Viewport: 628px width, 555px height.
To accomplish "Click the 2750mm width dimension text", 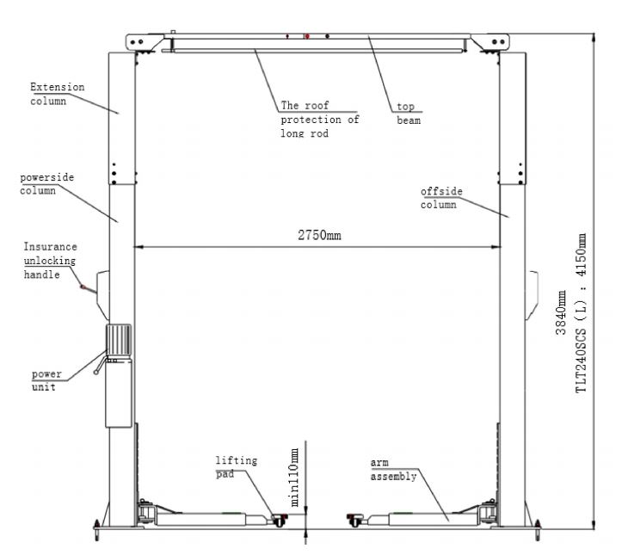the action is pyautogui.click(x=319, y=235).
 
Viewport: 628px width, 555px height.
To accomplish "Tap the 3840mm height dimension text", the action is pyautogui.click(x=561, y=312).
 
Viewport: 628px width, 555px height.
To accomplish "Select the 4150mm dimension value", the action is pyautogui.click(x=581, y=255).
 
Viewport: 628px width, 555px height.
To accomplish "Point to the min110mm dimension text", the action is pyautogui.click(x=294, y=478).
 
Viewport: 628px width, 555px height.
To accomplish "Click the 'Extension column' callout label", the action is pyautogui.click(x=58, y=94).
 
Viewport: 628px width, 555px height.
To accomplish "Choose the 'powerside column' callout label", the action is pyautogui.click(x=46, y=184).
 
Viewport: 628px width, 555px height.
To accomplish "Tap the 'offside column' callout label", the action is pyautogui.click(x=441, y=198).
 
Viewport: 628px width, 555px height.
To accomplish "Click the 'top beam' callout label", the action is pyautogui.click(x=409, y=114).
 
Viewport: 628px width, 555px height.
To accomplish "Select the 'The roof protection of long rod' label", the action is pyautogui.click(x=320, y=120).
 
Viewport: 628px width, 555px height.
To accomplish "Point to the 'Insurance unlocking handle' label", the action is pyautogui.click(x=50, y=261).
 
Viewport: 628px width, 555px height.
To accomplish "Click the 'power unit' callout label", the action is pyautogui.click(x=46, y=380).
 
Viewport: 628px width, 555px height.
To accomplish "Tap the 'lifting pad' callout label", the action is pyautogui.click(x=237, y=467).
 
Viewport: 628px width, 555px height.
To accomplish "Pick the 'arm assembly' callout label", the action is pyautogui.click(x=393, y=470).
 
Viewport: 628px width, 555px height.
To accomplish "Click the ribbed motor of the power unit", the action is pyautogui.click(x=119, y=339).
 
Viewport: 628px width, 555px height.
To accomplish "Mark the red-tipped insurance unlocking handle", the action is pyautogui.click(x=88, y=289).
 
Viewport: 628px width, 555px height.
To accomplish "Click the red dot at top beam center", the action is pyautogui.click(x=307, y=36).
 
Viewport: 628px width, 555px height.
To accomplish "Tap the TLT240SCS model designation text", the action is pyautogui.click(x=581, y=361).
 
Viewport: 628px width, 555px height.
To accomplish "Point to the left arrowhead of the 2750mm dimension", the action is pyautogui.click(x=139, y=247).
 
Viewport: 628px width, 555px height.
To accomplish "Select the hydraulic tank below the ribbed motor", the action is pyautogui.click(x=119, y=392).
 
